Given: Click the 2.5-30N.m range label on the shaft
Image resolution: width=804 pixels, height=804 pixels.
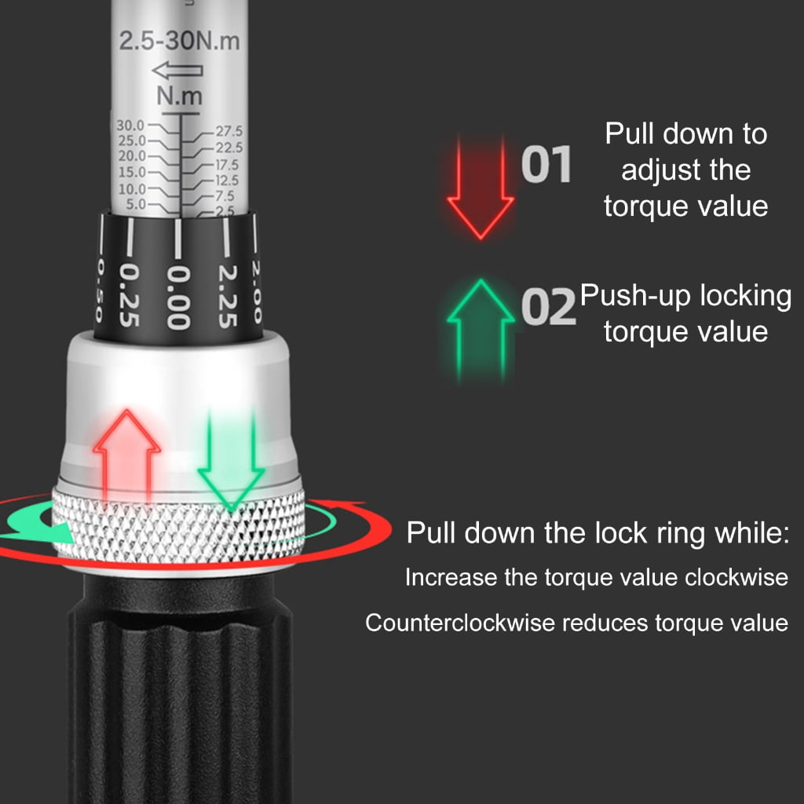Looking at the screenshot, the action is tap(180, 41).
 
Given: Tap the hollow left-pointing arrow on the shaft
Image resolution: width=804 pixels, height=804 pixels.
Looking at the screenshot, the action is tap(177, 70).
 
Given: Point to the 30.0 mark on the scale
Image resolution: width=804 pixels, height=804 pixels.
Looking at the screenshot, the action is tap(131, 125).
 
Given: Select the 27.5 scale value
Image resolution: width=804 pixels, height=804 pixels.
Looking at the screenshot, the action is tap(228, 131).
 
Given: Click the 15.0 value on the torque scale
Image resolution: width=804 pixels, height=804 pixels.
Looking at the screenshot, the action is tap(132, 172).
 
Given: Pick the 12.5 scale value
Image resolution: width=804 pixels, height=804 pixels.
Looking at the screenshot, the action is tap(227, 180).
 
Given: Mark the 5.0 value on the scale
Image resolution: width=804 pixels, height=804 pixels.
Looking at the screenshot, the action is tap(137, 204).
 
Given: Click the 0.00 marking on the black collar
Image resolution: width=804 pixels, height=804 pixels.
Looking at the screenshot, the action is tap(178, 298).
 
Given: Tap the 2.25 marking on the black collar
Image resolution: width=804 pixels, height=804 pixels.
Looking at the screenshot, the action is tap(227, 296).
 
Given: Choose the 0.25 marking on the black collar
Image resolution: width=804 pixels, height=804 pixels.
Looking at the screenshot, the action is tap(130, 295).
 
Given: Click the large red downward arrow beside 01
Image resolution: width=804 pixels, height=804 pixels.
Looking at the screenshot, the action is tap(481, 188).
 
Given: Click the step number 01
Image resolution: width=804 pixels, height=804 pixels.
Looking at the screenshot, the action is tap(546, 164).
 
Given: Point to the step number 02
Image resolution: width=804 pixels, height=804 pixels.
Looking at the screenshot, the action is tap(548, 307).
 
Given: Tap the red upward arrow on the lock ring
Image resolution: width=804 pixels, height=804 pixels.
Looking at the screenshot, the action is tap(126, 455).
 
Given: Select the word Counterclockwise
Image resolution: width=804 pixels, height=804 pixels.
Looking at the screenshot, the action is tap(460, 623).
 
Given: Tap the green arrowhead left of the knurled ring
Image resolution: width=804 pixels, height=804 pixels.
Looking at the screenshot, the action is tap(57, 532).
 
